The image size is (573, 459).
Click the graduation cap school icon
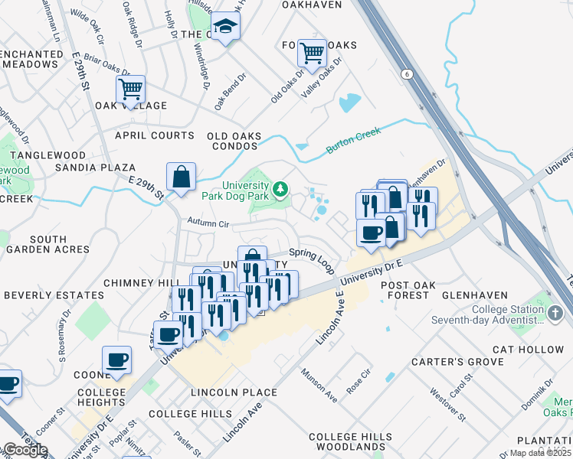[x=225, y=28]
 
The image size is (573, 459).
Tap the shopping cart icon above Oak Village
[x=131, y=89]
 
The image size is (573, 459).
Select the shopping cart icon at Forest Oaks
[x=312, y=53]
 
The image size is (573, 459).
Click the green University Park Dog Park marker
[x=281, y=188]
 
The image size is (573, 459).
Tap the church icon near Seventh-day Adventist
[x=555, y=313]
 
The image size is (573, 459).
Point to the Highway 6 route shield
[x=405, y=73]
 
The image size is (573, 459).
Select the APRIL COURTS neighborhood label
[x=154, y=135]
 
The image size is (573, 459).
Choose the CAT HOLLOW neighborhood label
[x=528, y=350]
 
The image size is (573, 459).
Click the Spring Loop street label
[x=312, y=259]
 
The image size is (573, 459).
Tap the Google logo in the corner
[x=25, y=450]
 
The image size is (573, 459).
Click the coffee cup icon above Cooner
[x=116, y=360]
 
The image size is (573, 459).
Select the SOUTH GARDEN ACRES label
[x=47, y=244]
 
